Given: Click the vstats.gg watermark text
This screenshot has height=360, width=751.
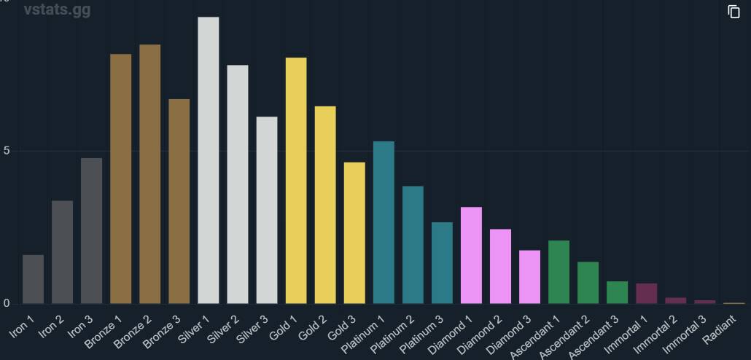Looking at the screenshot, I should [x=57, y=10].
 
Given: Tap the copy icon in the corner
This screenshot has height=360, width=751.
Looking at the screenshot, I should [x=734, y=12].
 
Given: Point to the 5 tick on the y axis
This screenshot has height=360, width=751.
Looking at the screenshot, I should [x=7, y=151].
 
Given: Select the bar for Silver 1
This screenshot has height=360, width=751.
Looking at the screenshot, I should [x=208, y=160].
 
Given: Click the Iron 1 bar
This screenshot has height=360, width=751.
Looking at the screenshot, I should [x=33, y=279].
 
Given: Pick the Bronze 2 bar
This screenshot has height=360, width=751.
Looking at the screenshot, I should [x=149, y=174].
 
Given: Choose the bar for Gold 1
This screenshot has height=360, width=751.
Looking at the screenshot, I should [x=296, y=181].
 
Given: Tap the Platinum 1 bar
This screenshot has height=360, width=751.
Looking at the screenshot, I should [x=384, y=222].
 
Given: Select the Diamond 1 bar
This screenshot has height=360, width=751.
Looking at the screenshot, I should [x=471, y=255].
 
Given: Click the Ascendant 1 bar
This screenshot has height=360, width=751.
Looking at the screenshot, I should [x=559, y=272].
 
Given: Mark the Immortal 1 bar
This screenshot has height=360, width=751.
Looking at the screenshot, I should [x=646, y=293].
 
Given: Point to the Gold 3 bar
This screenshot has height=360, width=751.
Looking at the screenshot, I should [x=354, y=232].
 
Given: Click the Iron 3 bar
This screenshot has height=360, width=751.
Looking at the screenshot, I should [x=91, y=230].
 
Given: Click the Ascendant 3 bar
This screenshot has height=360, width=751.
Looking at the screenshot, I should [x=617, y=292].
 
